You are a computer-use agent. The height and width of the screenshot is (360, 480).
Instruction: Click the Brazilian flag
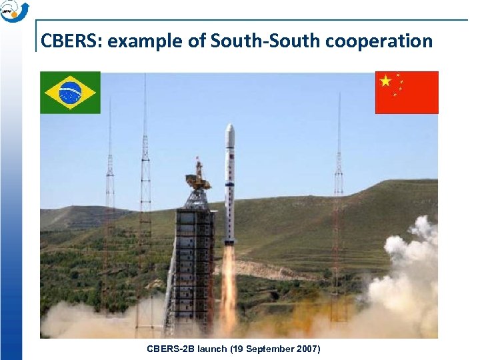tap(70, 92)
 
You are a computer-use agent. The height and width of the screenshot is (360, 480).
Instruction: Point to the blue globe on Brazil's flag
tap(70, 93)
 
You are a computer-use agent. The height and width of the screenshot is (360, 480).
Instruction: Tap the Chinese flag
tap(407, 92)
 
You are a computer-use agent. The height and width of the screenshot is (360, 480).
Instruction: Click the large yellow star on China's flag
tap(385, 81)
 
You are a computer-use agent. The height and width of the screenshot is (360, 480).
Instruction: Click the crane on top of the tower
tap(197, 177)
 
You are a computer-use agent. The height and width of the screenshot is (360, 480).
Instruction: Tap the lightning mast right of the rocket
tap(339, 200)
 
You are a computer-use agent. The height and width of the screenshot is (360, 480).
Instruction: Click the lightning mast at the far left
tap(110, 200)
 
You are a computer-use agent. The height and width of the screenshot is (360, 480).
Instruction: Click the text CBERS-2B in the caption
tap(168, 349)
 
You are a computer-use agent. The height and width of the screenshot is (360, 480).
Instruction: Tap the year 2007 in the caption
tap(307, 349)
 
